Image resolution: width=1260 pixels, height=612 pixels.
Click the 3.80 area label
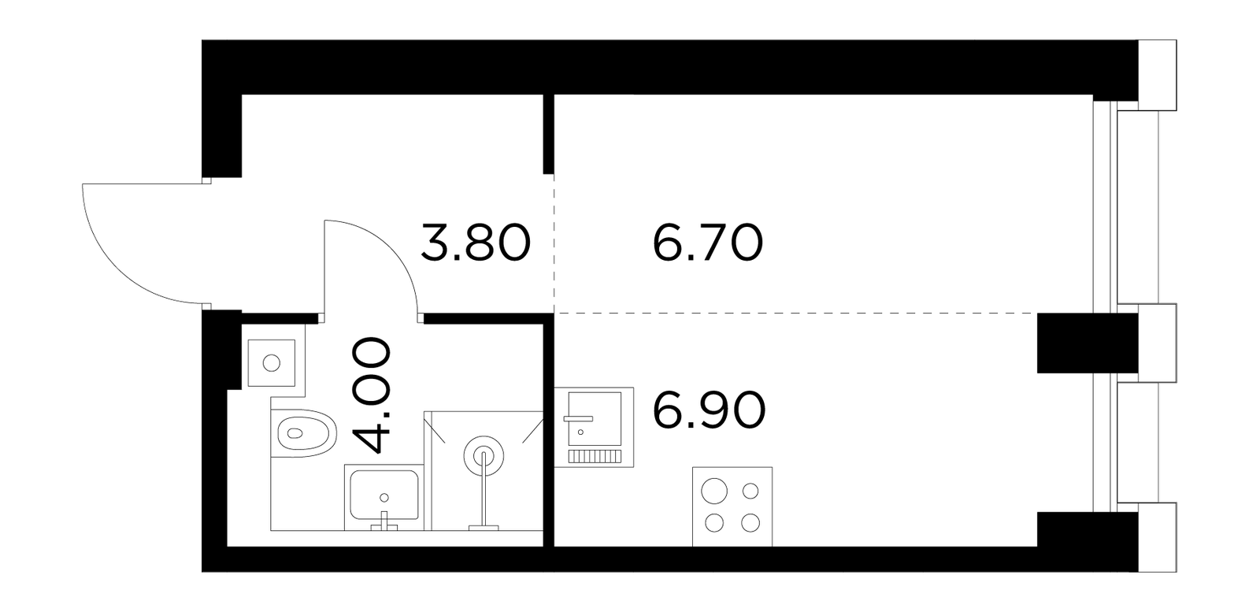(476, 243)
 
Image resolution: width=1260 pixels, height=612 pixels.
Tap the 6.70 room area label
(708, 243)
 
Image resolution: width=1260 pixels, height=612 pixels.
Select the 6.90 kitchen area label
(709, 410)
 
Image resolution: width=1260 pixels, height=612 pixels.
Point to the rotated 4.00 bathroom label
(370, 395)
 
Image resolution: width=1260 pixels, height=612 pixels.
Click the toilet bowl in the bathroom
(303, 433)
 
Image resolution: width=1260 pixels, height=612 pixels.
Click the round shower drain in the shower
(484, 457)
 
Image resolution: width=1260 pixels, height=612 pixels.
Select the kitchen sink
(594, 426)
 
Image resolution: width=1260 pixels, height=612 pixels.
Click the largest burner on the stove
(714, 491)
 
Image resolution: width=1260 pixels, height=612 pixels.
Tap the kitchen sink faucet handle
(578, 418)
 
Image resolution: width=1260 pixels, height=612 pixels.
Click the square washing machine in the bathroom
(272, 363)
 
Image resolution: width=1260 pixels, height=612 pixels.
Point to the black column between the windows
(1088, 343)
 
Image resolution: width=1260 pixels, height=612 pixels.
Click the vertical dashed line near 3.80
(554, 243)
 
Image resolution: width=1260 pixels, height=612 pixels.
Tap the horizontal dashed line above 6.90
(796, 312)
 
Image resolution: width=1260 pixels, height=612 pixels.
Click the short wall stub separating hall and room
(548, 134)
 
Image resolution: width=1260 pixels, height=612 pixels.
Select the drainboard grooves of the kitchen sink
(594, 455)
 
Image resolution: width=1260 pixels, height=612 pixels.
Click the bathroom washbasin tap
(384, 521)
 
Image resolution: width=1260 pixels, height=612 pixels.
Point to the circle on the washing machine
(272, 363)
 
